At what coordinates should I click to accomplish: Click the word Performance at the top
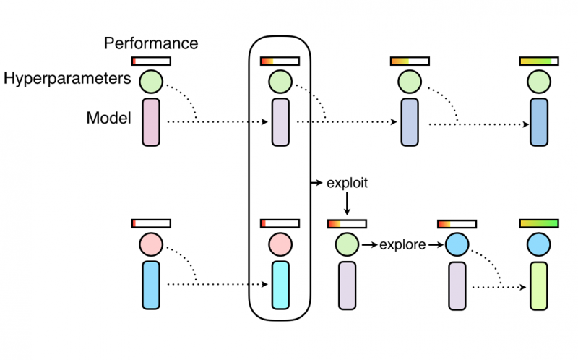151,43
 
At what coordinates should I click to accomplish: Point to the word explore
402,245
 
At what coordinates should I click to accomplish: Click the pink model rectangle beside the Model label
151,123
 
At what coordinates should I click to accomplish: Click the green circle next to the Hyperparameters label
151,81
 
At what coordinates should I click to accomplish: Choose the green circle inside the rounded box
280,81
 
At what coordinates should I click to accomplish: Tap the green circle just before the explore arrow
347,245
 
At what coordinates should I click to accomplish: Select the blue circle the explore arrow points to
457,245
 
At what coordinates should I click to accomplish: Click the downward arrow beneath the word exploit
348,205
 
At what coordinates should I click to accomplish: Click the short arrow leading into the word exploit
316,184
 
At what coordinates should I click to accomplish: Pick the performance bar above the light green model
539,223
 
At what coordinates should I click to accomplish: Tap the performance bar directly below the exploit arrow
347,223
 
